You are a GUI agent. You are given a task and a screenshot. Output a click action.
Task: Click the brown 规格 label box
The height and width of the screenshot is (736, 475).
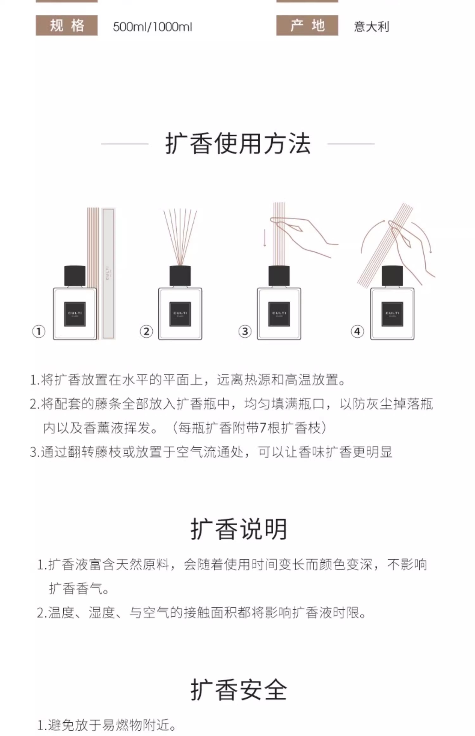[x=66, y=25]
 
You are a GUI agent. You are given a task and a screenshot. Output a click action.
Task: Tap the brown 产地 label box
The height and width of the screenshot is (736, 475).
[x=307, y=25]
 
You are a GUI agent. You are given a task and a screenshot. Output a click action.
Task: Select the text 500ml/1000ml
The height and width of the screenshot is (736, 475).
[x=152, y=27]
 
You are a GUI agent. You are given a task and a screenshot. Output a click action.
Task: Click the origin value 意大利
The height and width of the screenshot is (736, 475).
[x=371, y=27]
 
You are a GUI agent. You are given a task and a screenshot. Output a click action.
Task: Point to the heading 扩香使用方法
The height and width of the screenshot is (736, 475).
[x=238, y=144]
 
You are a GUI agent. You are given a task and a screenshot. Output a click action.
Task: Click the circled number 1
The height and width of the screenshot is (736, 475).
[x=39, y=332]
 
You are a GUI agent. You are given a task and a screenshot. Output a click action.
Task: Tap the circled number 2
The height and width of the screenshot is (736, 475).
[x=146, y=332]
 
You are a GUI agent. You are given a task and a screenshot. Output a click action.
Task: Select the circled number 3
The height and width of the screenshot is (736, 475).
[x=245, y=332]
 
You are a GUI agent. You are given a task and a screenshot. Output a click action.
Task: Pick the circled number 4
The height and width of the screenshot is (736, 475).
[x=357, y=332]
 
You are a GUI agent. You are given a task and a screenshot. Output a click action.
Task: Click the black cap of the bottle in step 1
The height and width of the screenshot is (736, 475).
[x=75, y=276]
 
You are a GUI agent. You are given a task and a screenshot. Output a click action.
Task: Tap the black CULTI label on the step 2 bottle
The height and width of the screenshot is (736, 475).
[x=180, y=314]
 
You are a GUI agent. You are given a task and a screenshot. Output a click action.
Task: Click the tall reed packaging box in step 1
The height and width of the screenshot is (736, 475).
[x=108, y=274]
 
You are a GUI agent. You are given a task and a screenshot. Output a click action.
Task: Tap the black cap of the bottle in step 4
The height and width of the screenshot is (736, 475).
[x=392, y=276]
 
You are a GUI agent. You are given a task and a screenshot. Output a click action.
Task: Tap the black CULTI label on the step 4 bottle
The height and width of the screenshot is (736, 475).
[x=392, y=314]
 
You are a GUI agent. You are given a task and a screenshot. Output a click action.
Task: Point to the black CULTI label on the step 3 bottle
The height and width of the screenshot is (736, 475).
[x=279, y=314]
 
